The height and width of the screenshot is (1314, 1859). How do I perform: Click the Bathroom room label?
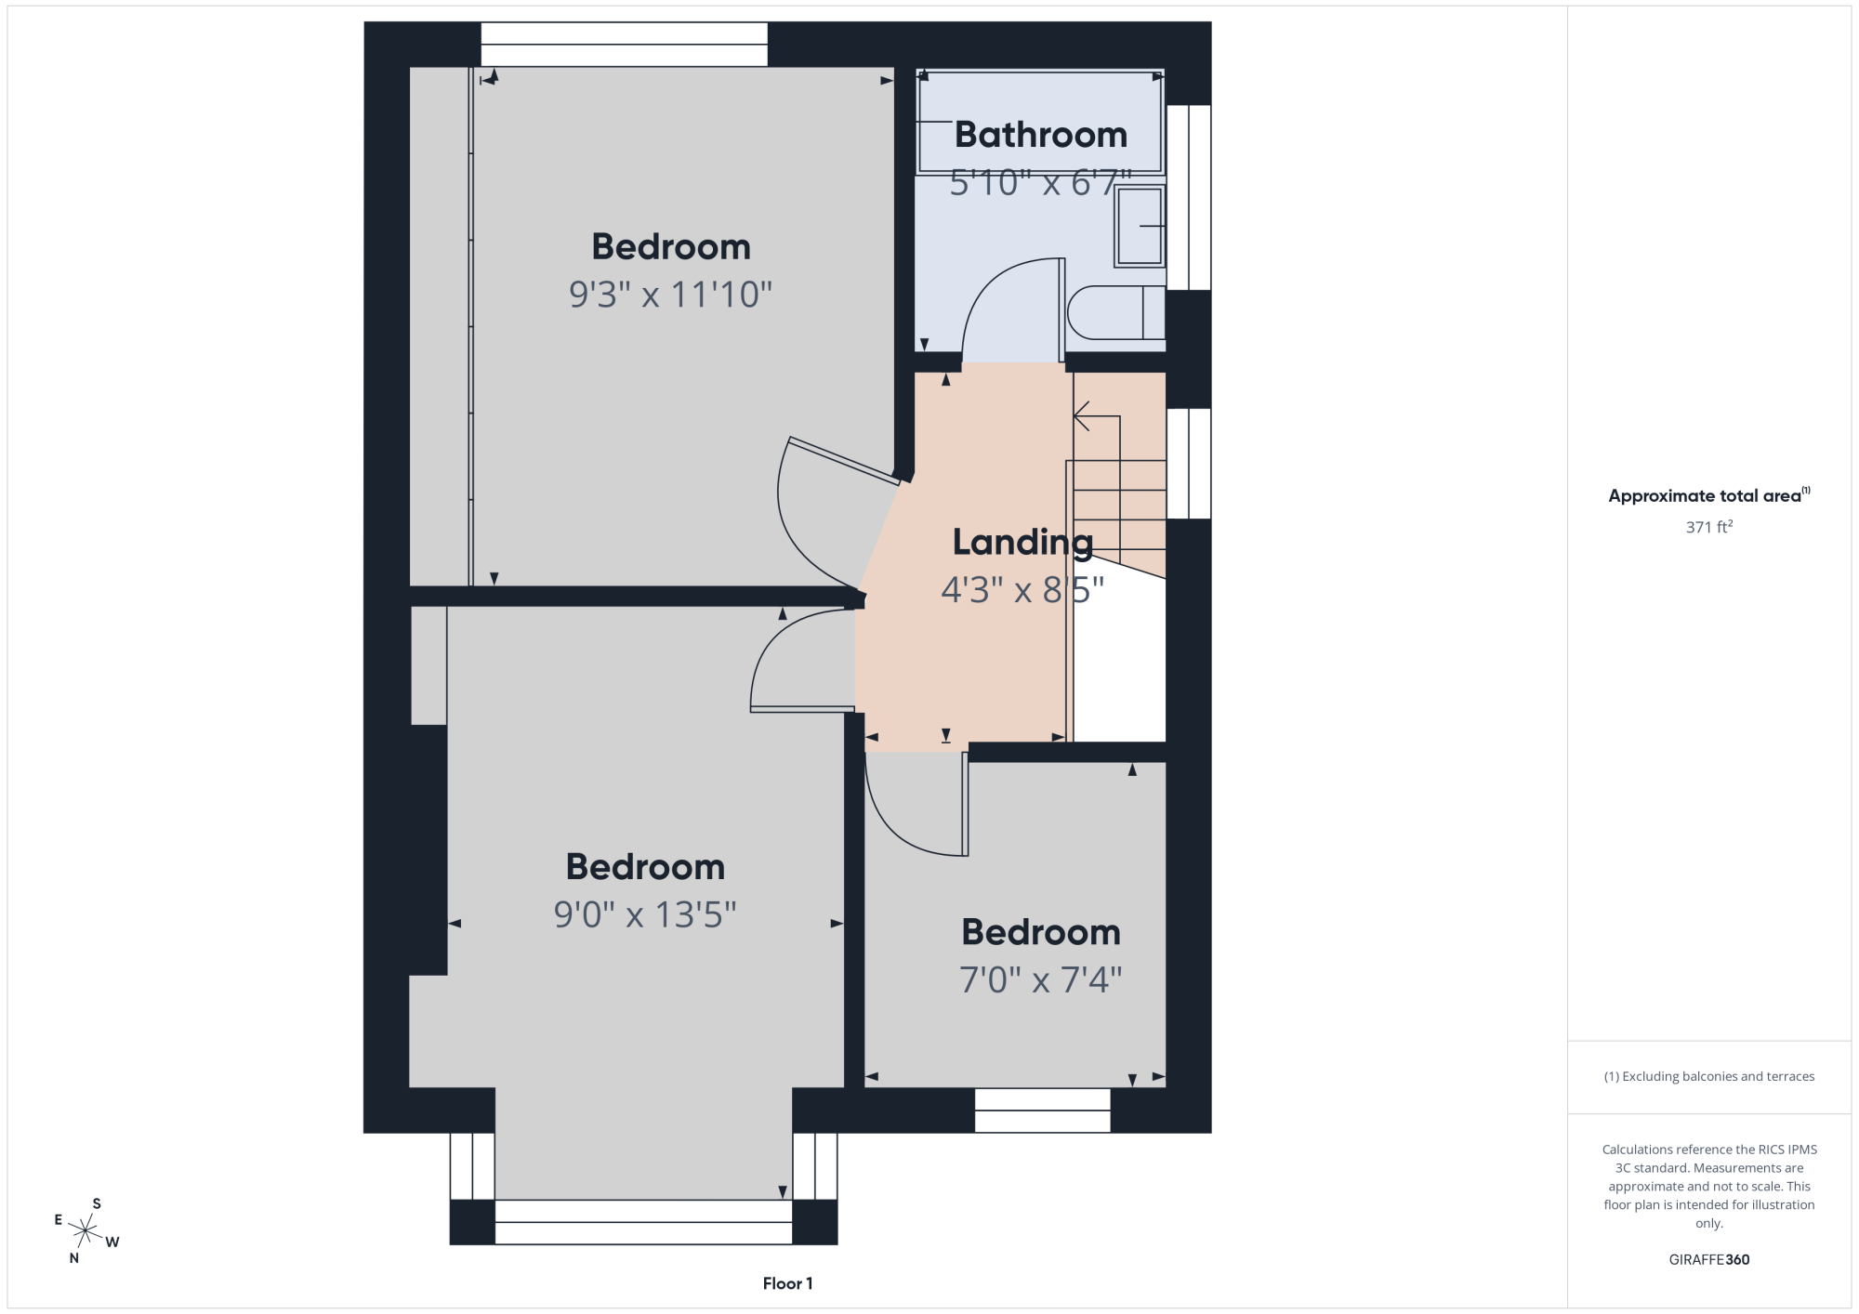pyautogui.click(x=1040, y=135)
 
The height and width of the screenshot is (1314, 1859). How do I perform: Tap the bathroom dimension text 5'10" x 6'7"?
pyautogui.click(x=1040, y=183)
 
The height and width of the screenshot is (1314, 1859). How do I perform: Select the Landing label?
pyautogui.click(x=1022, y=543)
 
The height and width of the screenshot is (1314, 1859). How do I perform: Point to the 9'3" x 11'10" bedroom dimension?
pyautogui.click(x=670, y=295)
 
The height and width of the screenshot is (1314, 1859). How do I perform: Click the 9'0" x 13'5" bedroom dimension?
pyautogui.click(x=645, y=914)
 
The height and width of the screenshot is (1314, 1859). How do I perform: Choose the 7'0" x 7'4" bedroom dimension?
pyautogui.click(x=1040, y=979)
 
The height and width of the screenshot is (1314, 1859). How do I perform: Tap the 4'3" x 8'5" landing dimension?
pyautogui.click(x=1022, y=589)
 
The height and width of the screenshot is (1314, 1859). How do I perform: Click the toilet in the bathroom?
pyautogui.click(x=1116, y=312)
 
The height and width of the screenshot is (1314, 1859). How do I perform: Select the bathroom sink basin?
pyautogui.click(x=1140, y=227)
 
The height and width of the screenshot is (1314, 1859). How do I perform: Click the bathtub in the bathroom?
pyautogui.click(x=1040, y=122)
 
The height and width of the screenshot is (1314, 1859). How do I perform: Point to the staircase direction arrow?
pyautogui.click(x=1097, y=465)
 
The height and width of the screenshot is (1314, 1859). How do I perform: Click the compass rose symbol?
pyautogui.click(x=85, y=1231)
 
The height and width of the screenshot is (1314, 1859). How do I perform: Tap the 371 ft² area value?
pyautogui.click(x=1709, y=527)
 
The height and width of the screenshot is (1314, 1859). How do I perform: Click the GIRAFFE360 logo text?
pyautogui.click(x=1709, y=1260)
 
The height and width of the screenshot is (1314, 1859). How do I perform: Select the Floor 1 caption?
pyautogui.click(x=787, y=1283)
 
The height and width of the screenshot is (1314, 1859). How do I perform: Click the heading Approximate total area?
pyautogui.click(x=1709, y=495)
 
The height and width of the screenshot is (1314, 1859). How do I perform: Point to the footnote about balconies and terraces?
pyautogui.click(x=1709, y=1076)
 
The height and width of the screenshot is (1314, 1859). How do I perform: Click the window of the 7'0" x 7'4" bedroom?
pyautogui.click(x=1042, y=1110)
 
